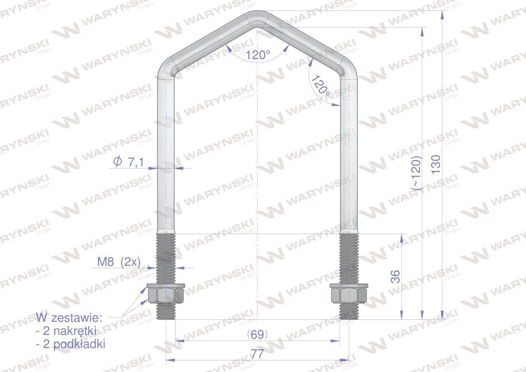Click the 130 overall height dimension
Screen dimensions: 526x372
[x=436, y=164]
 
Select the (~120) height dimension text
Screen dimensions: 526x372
[x=417, y=173]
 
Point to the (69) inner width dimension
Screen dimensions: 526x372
[x=257, y=335]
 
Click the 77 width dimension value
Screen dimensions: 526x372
[x=257, y=354]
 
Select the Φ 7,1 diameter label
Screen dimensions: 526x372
[x=128, y=162]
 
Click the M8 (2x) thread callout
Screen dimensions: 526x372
[x=119, y=262]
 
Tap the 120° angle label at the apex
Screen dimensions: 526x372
[x=258, y=55]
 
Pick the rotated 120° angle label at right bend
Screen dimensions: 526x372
[x=321, y=86]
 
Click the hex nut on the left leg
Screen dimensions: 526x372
[x=166, y=295]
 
